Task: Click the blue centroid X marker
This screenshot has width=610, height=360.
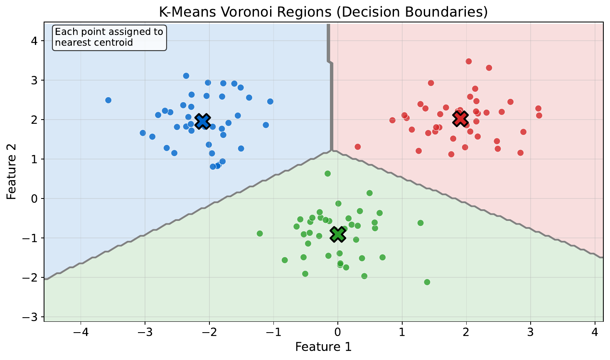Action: [202, 121]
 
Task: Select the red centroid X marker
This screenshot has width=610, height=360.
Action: [460, 118]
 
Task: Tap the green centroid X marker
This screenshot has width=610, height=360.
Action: [338, 234]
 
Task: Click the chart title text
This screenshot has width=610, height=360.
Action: [323, 12]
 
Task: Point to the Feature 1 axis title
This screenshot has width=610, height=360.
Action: [323, 347]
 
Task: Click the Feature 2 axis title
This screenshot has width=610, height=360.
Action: [12, 172]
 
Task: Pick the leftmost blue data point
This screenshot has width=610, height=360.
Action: [108, 100]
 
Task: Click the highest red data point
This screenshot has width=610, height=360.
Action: [469, 61]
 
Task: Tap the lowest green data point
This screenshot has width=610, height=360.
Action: [427, 282]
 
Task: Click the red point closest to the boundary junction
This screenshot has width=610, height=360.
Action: [357, 147]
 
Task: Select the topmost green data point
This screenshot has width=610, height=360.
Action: [327, 174]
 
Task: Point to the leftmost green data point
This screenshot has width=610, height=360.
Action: [260, 233]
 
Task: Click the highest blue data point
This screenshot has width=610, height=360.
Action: [186, 76]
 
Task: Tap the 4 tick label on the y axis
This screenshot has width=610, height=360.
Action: [35, 41]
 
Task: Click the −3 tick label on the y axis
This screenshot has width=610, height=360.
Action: [32, 317]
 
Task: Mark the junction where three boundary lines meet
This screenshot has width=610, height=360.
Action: [332, 150]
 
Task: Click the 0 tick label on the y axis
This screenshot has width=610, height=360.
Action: [35, 198]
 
